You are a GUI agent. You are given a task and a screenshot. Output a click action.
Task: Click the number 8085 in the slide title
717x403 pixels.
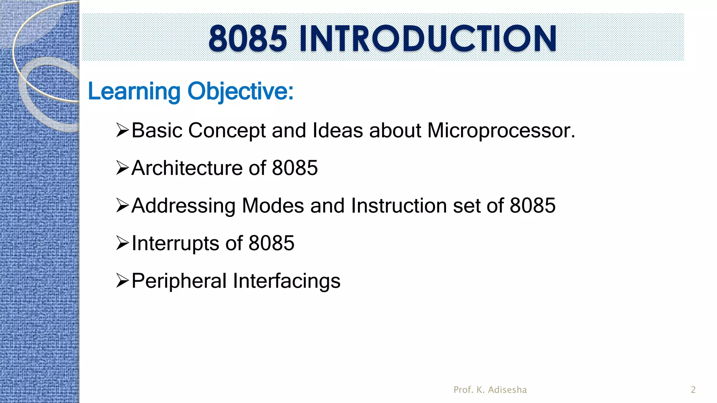pyautogui.click(x=248, y=38)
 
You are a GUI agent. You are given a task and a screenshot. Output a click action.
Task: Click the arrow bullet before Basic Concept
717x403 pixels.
pyautogui.click(x=123, y=130)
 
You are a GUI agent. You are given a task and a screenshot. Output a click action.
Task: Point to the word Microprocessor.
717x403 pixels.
pyautogui.click(x=501, y=130)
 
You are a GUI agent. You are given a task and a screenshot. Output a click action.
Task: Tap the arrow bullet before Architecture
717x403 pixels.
pyautogui.click(x=123, y=168)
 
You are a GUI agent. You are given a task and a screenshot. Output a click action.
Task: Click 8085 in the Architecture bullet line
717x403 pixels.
pyautogui.click(x=295, y=168)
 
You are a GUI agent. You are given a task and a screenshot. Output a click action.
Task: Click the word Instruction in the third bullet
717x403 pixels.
pyautogui.click(x=399, y=206)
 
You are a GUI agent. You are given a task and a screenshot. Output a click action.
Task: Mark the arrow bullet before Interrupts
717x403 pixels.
pyautogui.click(x=123, y=243)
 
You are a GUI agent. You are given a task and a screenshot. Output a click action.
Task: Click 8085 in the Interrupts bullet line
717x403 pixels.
pyautogui.click(x=271, y=243)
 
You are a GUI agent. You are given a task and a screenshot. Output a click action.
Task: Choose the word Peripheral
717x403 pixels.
pyautogui.click(x=179, y=281)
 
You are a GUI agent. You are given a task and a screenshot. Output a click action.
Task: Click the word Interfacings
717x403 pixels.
pyautogui.click(x=286, y=281)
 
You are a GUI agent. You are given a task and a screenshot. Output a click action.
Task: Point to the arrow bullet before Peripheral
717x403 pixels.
pyautogui.click(x=123, y=281)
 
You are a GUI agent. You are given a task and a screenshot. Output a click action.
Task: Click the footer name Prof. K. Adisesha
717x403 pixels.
pyautogui.click(x=490, y=390)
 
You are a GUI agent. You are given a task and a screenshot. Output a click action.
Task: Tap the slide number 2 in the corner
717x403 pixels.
pyautogui.click(x=693, y=390)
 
